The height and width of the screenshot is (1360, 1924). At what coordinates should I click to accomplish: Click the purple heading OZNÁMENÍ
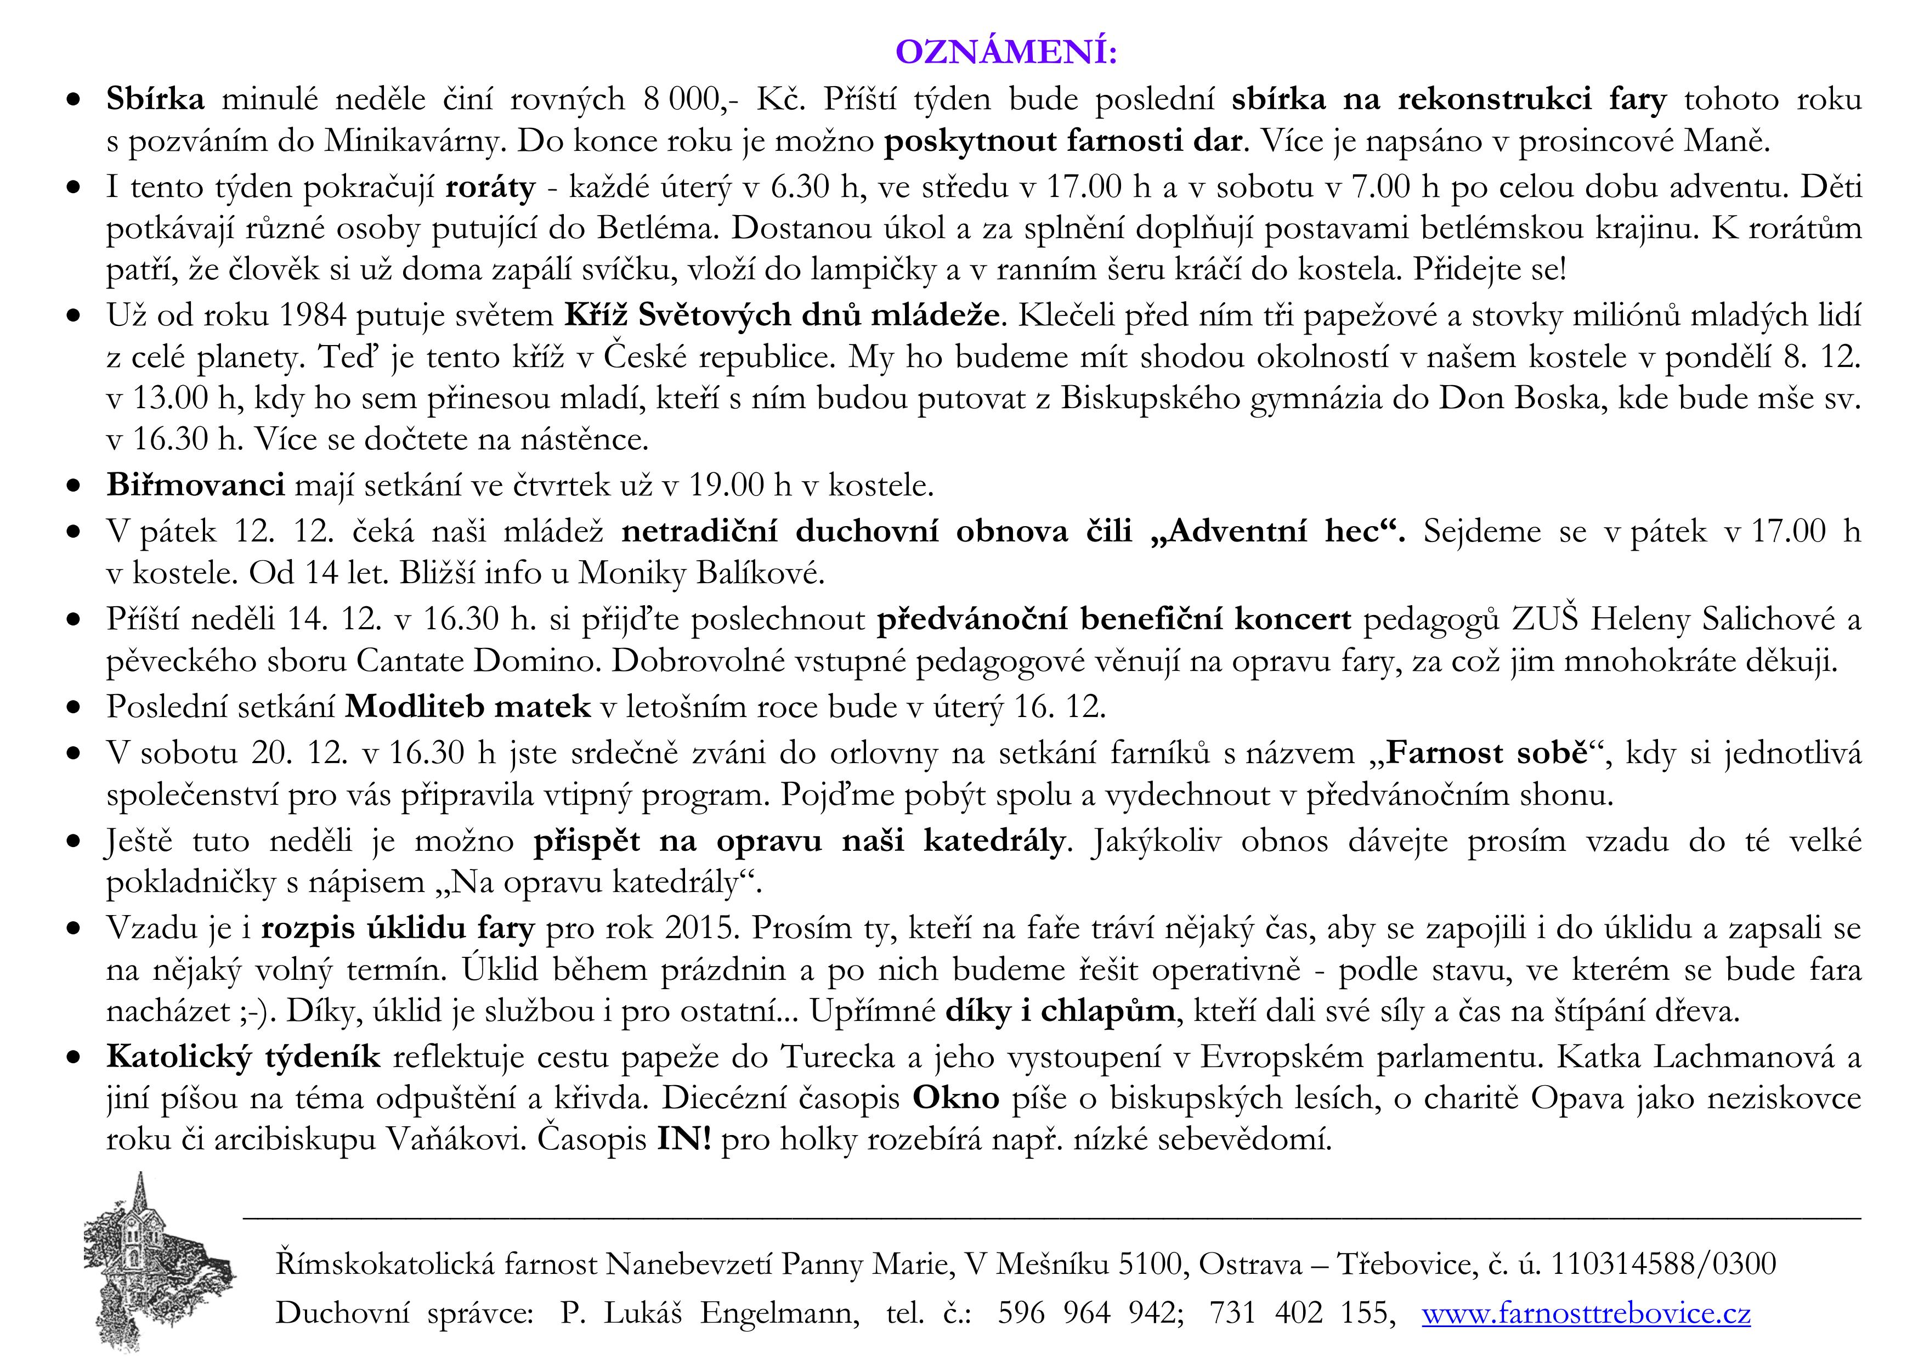coord(1006,52)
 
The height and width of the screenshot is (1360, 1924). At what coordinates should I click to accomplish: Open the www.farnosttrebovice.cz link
coord(1586,1312)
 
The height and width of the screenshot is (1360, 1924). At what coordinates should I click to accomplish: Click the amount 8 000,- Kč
coord(724,99)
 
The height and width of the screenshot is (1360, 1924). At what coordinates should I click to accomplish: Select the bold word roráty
coord(490,186)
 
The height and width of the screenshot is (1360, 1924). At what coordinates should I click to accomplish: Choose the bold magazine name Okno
coord(955,1098)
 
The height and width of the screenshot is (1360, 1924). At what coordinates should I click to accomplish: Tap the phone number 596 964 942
coord(1089,1312)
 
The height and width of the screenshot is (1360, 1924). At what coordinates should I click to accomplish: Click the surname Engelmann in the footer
coord(779,1312)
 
